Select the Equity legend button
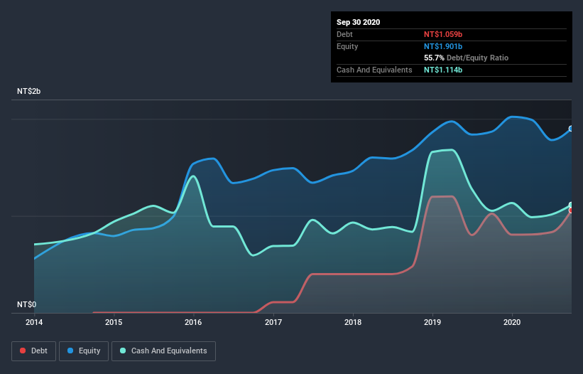tap(85, 351)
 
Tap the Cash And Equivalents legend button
tap(163, 351)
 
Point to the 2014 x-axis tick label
tap(34, 322)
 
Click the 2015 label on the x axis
tap(114, 322)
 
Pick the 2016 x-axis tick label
tap(193, 322)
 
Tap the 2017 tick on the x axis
tap(273, 322)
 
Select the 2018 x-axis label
tap(353, 322)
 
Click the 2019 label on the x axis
tap(432, 322)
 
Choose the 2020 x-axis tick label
tap(512, 322)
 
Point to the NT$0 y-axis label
tap(27, 304)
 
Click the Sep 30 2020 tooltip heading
tap(359, 22)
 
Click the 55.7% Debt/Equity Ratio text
tap(466, 58)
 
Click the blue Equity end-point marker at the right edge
tap(571, 129)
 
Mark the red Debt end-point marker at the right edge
tap(571, 210)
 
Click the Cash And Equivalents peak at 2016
tap(192, 176)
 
